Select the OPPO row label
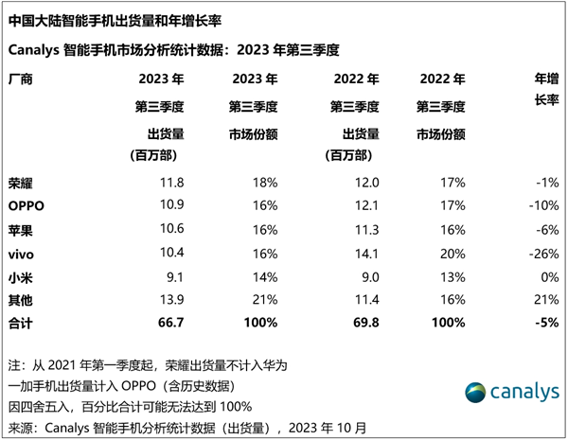[x=27, y=205]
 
